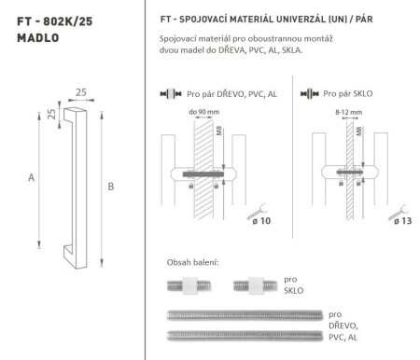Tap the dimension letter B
(111, 187)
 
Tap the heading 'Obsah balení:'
(192, 262)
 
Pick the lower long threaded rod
(244, 333)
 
